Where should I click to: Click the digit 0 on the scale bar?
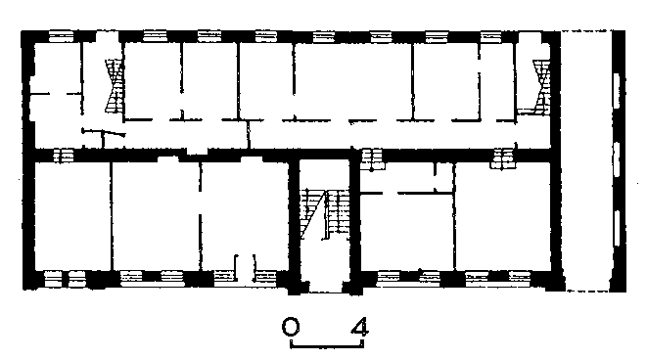pyautogui.click(x=291, y=327)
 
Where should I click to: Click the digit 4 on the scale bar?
pyautogui.click(x=359, y=327)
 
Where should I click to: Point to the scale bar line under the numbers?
pyautogui.click(x=327, y=344)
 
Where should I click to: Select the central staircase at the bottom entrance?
pyautogui.click(x=326, y=214)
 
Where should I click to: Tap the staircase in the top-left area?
pyautogui.click(x=115, y=86)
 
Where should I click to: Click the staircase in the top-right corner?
pyautogui.click(x=542, y=87)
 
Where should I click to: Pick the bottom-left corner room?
pyautogui.click(x=72, y=216)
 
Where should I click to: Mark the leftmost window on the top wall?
pyautogui.click(x=61, y=36)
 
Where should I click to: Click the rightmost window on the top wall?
pyautogui.click(x=491, y=36)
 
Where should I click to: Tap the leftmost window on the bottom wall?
pyautogui.click(x=53, y=279)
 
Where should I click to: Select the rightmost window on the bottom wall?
pyautogui.click(x=520, y=278)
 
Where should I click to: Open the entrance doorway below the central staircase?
pyautogui.click(x=325, y=287)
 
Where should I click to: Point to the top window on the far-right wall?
pyautogui.click(x=617, y=91)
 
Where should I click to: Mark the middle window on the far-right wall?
pyautogui.click(x=617, y=160)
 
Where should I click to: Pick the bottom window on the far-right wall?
pyautogui.click(x=617, y=229)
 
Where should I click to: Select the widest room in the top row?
pyautogui.click(x=352, y=81)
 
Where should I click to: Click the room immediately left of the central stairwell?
pyautogui.click(x=245, y=216)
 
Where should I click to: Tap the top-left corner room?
pyautogui.click(x=58, y=68)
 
